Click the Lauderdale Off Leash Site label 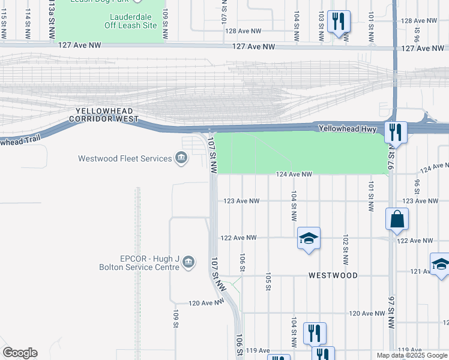pos(133,21)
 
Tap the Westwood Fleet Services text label pos(125,159)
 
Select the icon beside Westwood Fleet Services pos(181,158)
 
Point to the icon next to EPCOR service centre pos(188,262)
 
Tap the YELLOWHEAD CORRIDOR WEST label pos(103,115)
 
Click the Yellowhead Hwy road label pos(346,128)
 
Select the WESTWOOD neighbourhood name pos(333,275)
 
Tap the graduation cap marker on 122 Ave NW pos(309,239)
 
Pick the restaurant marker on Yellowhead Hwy pos(396,131)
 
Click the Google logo pos(20,353)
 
